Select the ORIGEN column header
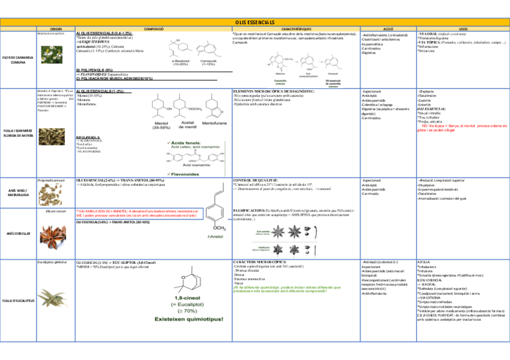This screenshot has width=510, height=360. click(x=56, y=29)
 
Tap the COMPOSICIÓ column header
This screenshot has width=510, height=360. click(x=153, y=29)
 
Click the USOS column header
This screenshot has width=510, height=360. click(x=462, y=29)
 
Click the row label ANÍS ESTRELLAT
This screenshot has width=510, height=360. click(x=18, y=232)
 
